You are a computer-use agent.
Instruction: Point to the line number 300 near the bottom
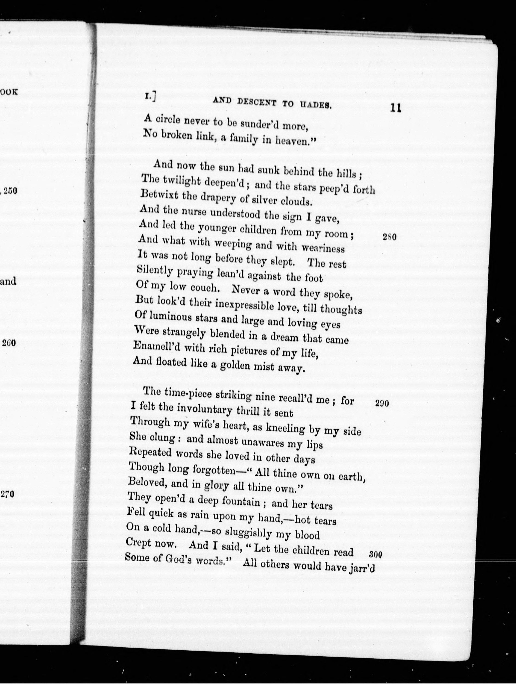click(376, 554)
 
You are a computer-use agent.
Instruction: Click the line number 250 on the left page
click(10, 191)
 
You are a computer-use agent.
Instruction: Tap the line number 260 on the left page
click(9, 343)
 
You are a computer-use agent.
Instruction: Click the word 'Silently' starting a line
click(155, 271)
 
